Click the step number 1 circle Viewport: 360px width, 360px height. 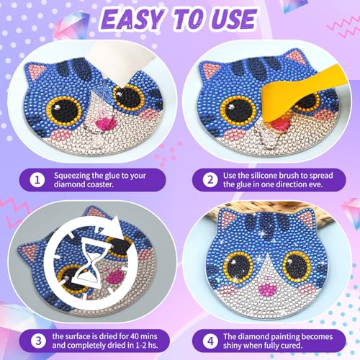37,180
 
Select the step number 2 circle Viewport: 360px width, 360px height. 210,180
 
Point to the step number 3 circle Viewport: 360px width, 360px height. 38,341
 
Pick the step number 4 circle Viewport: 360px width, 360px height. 210,341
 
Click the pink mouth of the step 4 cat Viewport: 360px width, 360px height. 267,288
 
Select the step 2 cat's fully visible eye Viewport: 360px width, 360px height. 238,110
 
